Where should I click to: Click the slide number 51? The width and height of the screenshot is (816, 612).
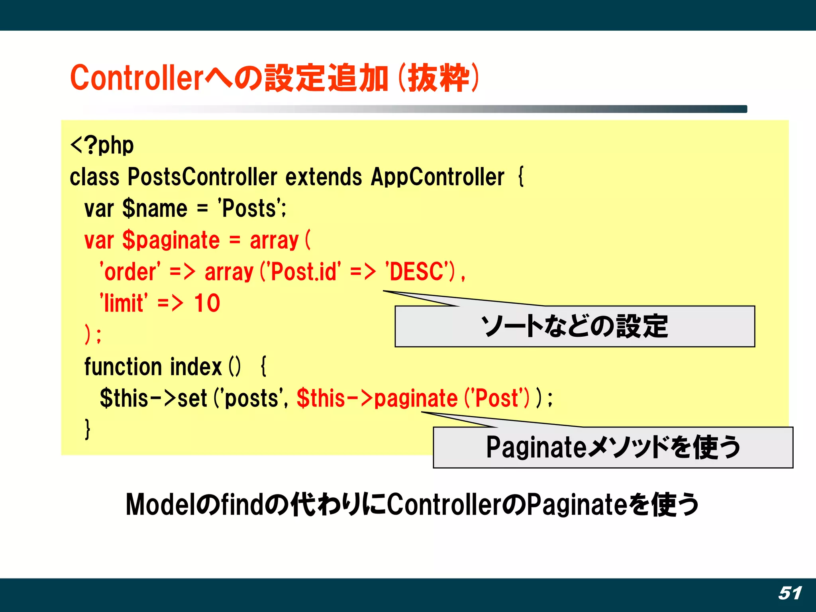point(790,593)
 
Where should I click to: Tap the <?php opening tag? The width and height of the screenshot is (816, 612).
point(102,145)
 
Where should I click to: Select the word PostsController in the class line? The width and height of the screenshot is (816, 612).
point(202,177)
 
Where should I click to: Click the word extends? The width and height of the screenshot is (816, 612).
point(324,177)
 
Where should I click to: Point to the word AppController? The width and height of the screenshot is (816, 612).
point(437,177)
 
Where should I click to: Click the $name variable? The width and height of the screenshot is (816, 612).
point(155,209)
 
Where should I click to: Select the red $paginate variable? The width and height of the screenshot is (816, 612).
point(171,240)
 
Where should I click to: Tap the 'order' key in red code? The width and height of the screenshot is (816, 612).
point(130,272)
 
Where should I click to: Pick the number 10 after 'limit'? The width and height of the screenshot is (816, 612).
point(207,304)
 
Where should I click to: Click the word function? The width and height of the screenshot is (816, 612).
point(123,367)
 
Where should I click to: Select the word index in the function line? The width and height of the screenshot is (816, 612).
point(196,367)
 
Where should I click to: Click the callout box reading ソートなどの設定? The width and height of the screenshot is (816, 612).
point(575,327)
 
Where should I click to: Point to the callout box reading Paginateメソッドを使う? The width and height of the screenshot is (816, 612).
point(613,447)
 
